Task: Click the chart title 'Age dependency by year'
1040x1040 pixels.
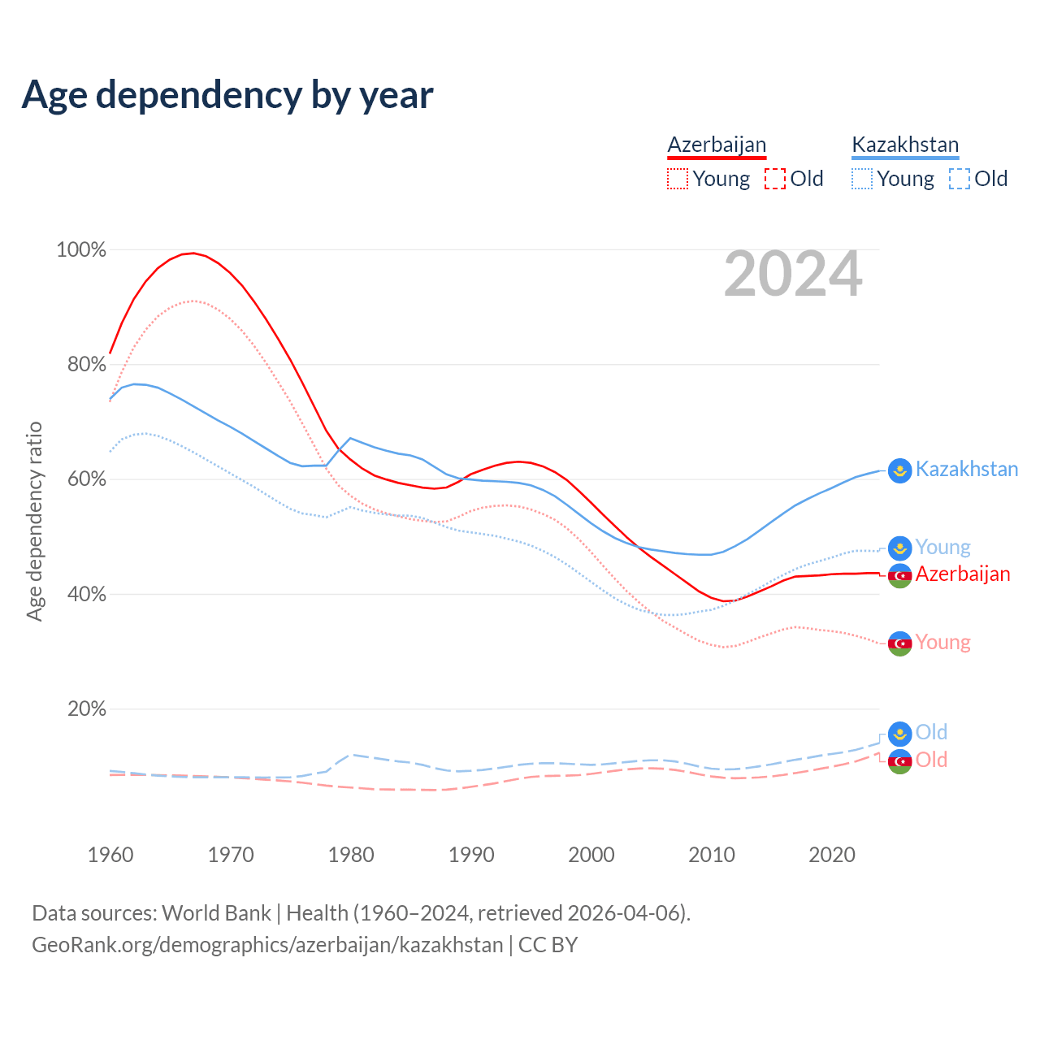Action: pyautogui.click(x=227, y=95)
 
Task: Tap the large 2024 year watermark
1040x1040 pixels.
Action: pyautogui.click(x=793, y=274)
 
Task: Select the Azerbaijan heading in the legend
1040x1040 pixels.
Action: pyautogui.click(x=717, y=145)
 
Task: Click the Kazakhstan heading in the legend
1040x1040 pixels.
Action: pyautogui.click(x=905, y=145)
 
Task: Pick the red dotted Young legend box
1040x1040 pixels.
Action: pyautogui.click(x=677, y=179)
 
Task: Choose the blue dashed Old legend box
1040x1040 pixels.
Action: pyautogui.click(x=959, y=179)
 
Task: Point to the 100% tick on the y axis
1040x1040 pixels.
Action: pyautogui.click(x=81, y=249)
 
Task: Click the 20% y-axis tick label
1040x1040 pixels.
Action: pyautogui.click(x=86, y=708)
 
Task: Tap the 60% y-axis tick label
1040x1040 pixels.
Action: pyautogui.click(x=86, y=479)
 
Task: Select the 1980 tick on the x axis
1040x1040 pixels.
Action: pyautogui.click(x=351, y=855)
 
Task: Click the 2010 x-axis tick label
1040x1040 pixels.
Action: pyautogui.click(x=712, y=855)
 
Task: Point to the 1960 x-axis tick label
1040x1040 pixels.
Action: pyautogui.click(x=110, y=855)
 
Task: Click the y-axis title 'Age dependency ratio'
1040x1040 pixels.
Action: pyautogui.click(x=34, y=521)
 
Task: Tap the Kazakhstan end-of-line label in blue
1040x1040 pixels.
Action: pyautogui.click(x=966, y=469)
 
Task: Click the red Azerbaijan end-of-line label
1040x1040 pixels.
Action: pyautogui.click(x=963, y=574)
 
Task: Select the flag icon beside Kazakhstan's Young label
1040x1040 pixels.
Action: pyautogui.click(x=899, y=548)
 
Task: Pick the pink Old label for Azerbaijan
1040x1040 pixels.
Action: pyautogui.click(x=931, y=760)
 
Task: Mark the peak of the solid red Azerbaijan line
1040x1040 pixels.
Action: pyautogui.click(x=192, y=253)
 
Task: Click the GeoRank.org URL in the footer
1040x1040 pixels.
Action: pyautogui.click(x=267, y=945)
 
